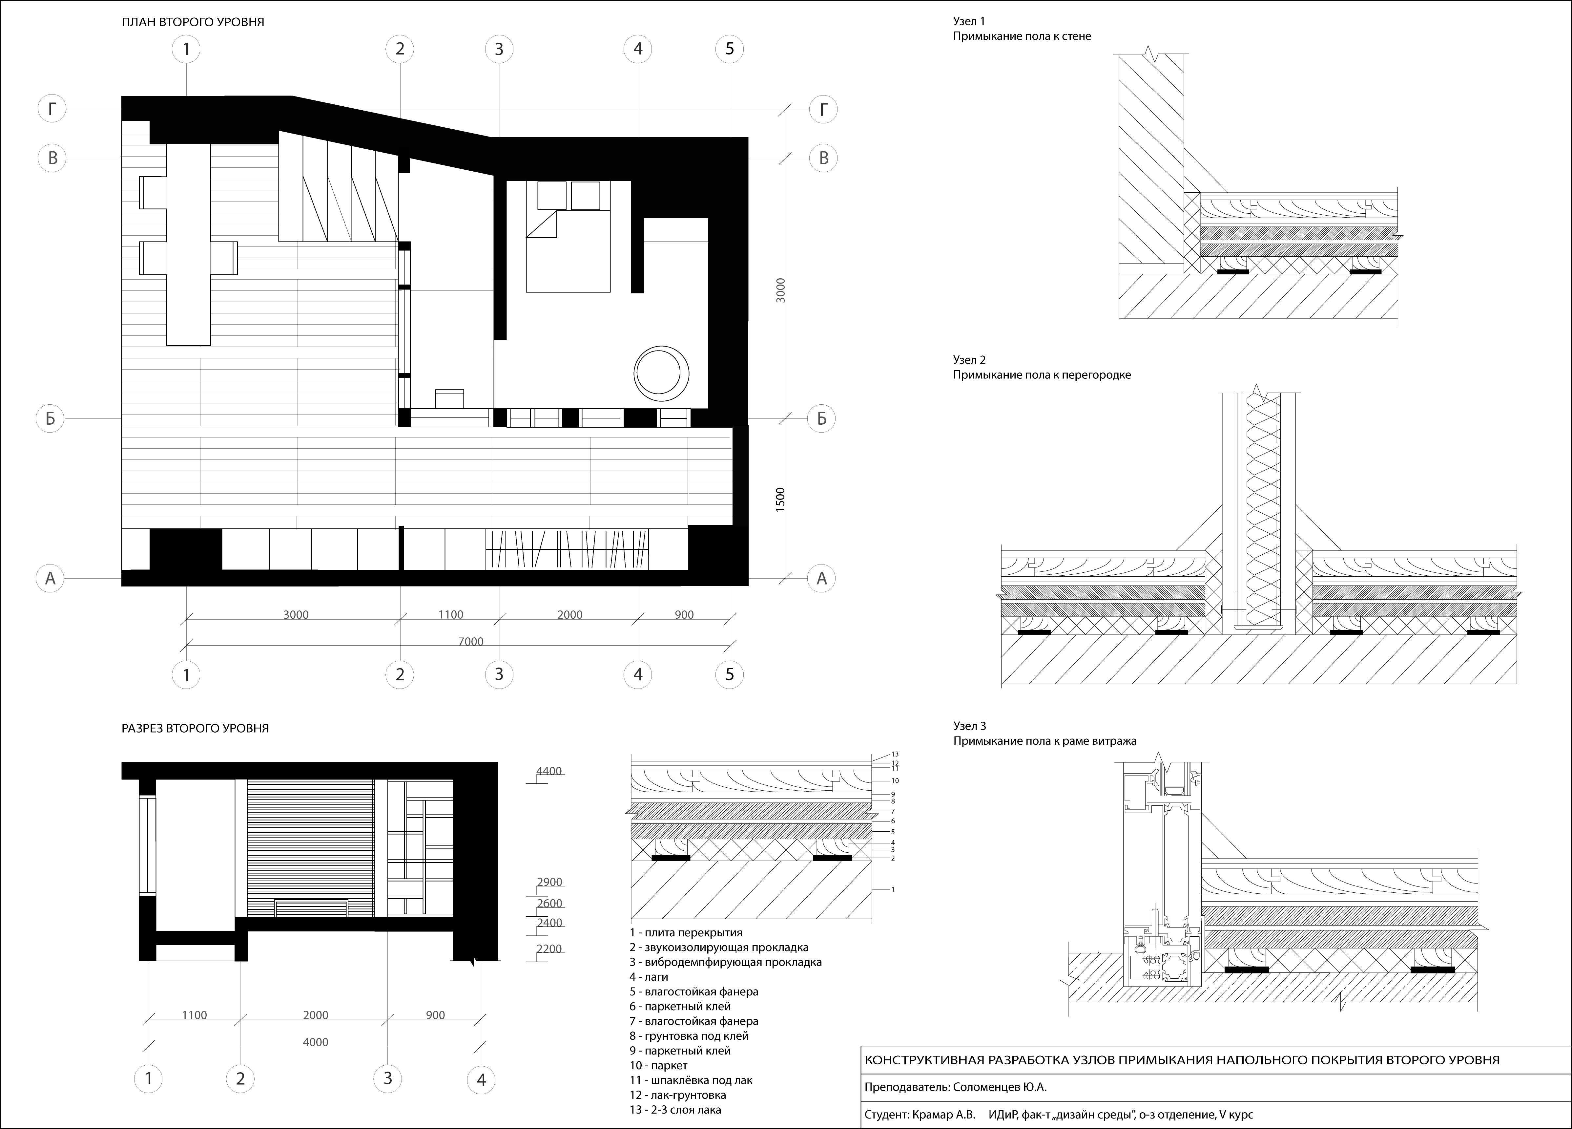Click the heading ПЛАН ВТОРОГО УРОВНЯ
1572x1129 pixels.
(193, 22)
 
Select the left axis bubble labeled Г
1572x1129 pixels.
(51, 109)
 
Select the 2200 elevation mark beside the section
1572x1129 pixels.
(549, 949)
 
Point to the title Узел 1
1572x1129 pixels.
(969, 21)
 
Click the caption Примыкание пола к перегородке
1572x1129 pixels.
(1042, 375)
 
